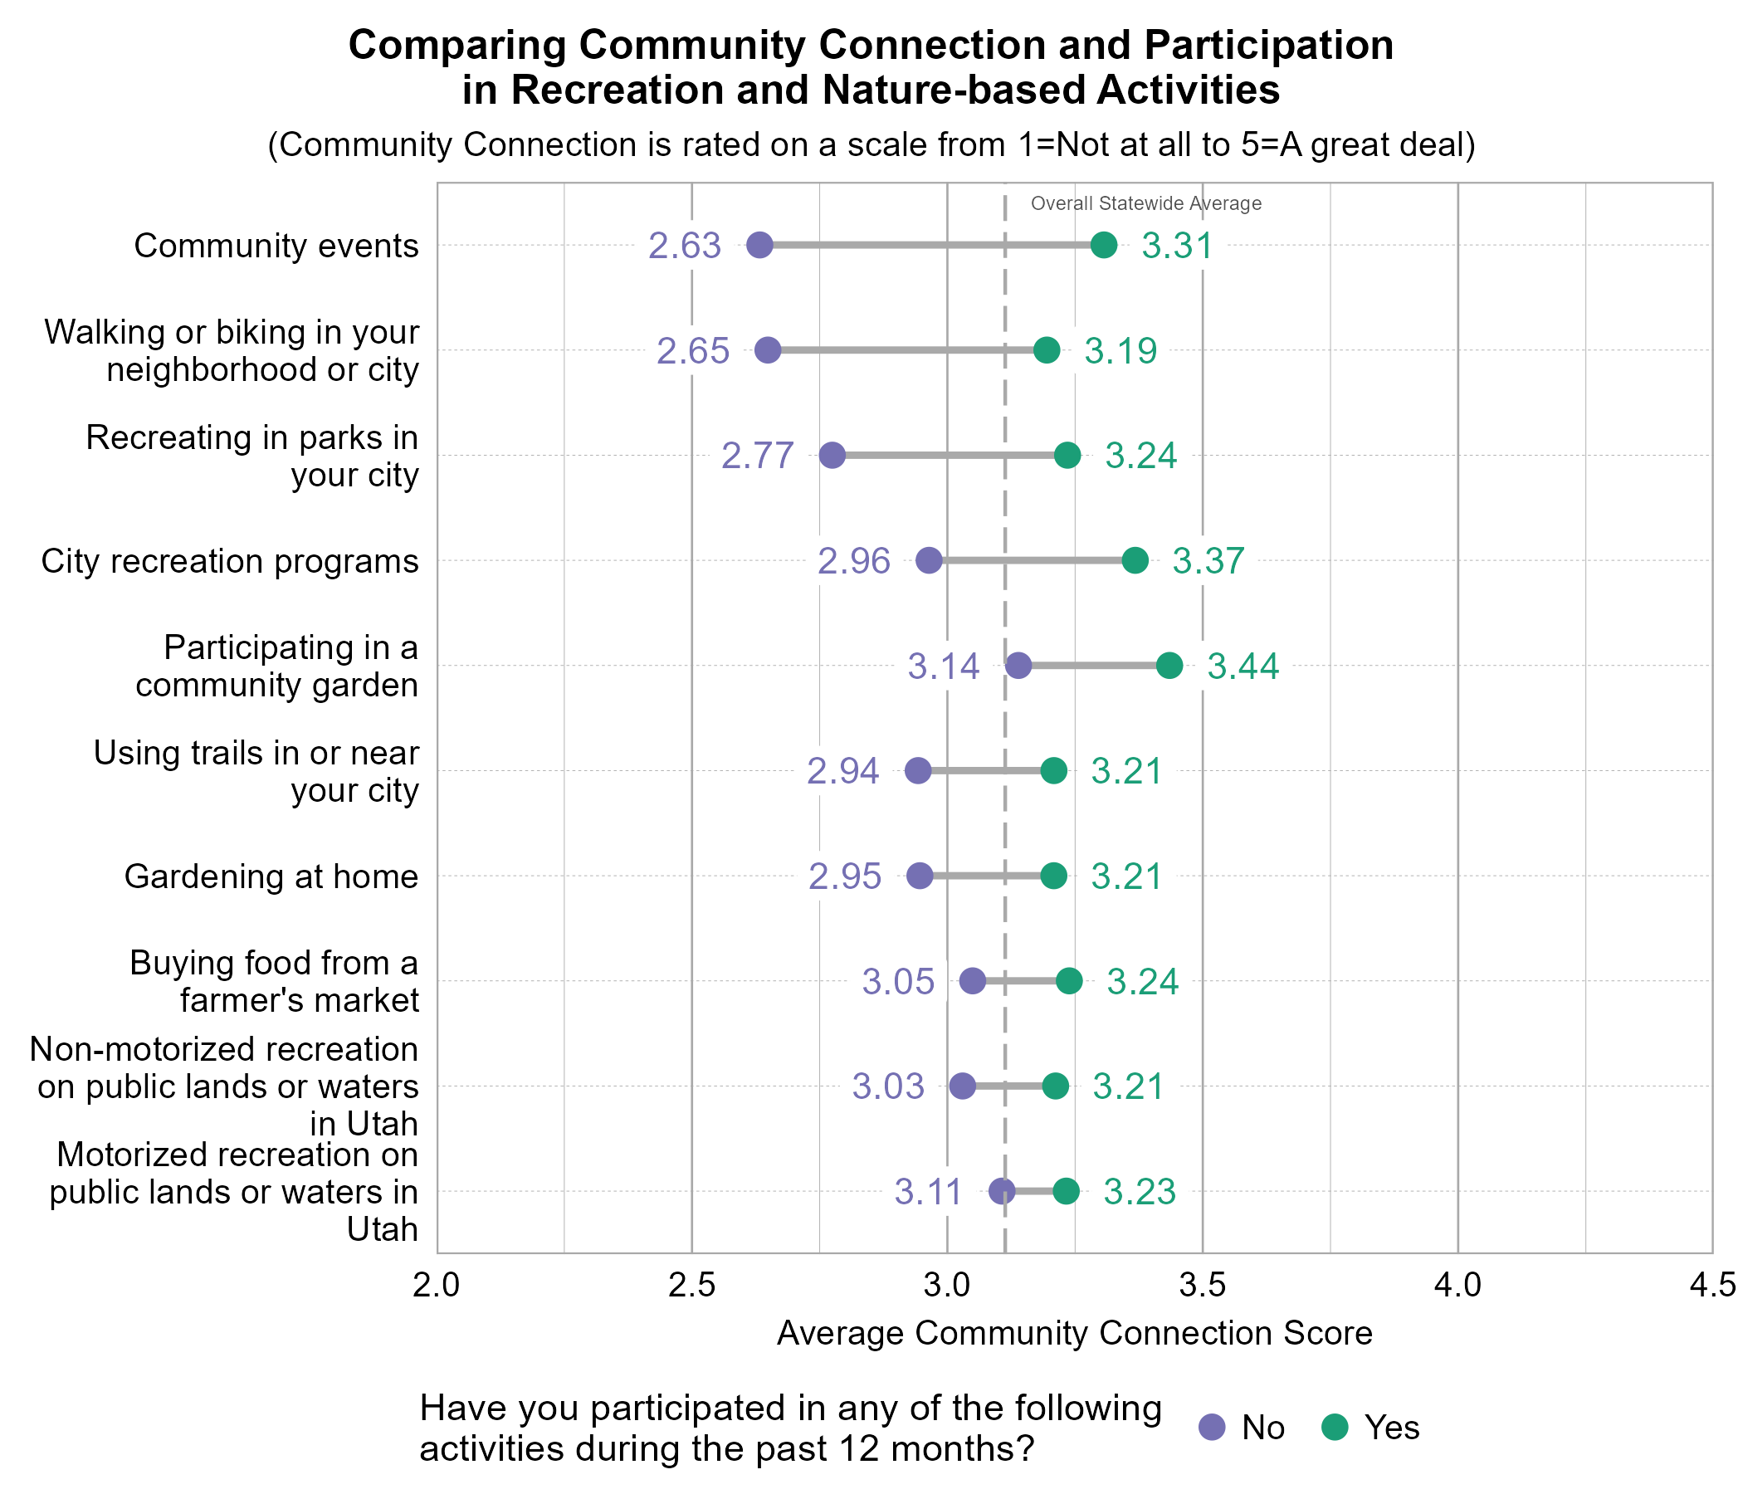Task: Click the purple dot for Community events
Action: (x=759, y=246)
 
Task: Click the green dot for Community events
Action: (x=1104, y=246)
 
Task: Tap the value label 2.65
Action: (x=692, y=351)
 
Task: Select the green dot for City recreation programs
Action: (x=1135, y=561)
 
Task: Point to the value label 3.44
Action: (x=1243, y=666)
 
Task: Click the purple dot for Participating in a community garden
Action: (x=1018, y=666)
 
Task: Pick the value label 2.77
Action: (x=757, y=456)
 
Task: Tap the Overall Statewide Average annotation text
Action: (x=1145, y=203)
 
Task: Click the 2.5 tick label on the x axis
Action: (x=691, y=1286)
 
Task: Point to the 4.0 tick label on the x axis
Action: (x=1457, y=1286)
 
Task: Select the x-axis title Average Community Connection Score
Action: (x=1074, y=1333)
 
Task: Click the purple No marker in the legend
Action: (x=1212, y=1428)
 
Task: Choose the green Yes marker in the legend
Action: (x=1335, y=1428)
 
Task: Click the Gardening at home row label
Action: (x=271, y=876)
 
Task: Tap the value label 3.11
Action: (x=928, y=1192)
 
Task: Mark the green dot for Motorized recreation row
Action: (x=1066, y=1192)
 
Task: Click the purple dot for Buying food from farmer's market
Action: (x=973, y=982)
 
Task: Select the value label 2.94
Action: (x=843, y=771)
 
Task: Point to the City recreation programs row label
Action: (x=230, y=561)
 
